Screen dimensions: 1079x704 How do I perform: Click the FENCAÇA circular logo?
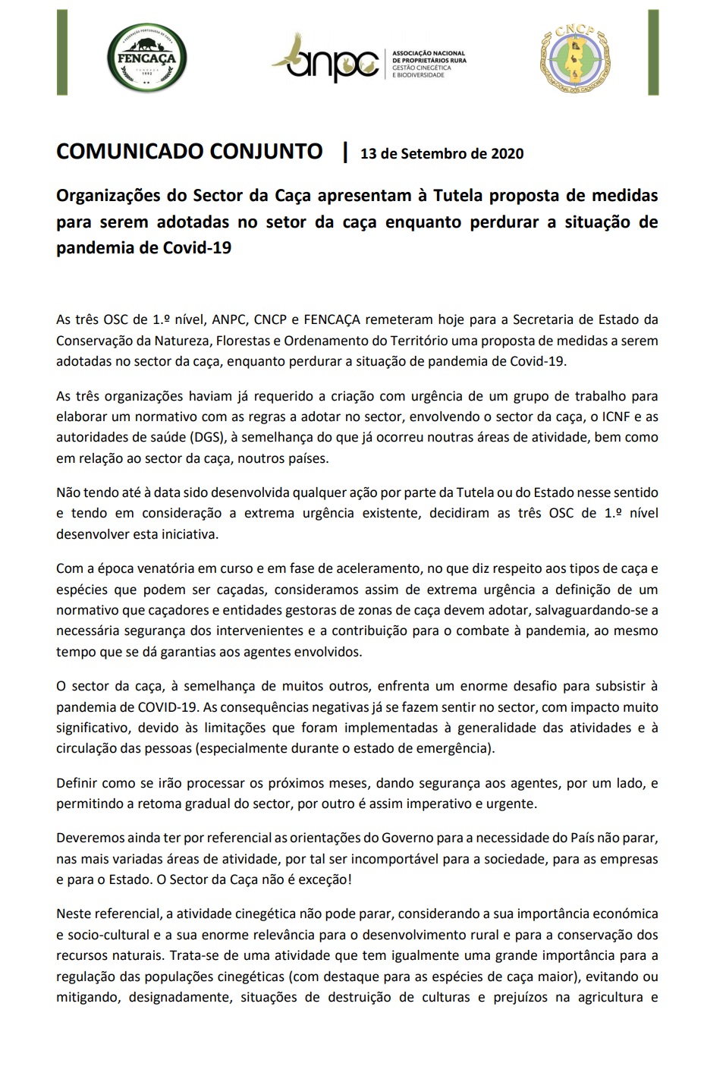point(146,58)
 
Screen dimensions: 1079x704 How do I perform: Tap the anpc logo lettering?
point(333,63)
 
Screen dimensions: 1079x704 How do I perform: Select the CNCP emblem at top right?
point(575,58)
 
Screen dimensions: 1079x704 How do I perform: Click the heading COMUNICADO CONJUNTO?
point(190,152)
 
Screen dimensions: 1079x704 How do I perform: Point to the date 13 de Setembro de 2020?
point(442,154)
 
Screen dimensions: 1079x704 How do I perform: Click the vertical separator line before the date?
point(345,152)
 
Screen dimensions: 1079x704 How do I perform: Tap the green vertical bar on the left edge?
point(62,52)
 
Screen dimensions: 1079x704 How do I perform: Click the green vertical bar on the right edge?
point(653,52)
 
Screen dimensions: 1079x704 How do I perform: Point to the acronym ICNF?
point(616,417)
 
